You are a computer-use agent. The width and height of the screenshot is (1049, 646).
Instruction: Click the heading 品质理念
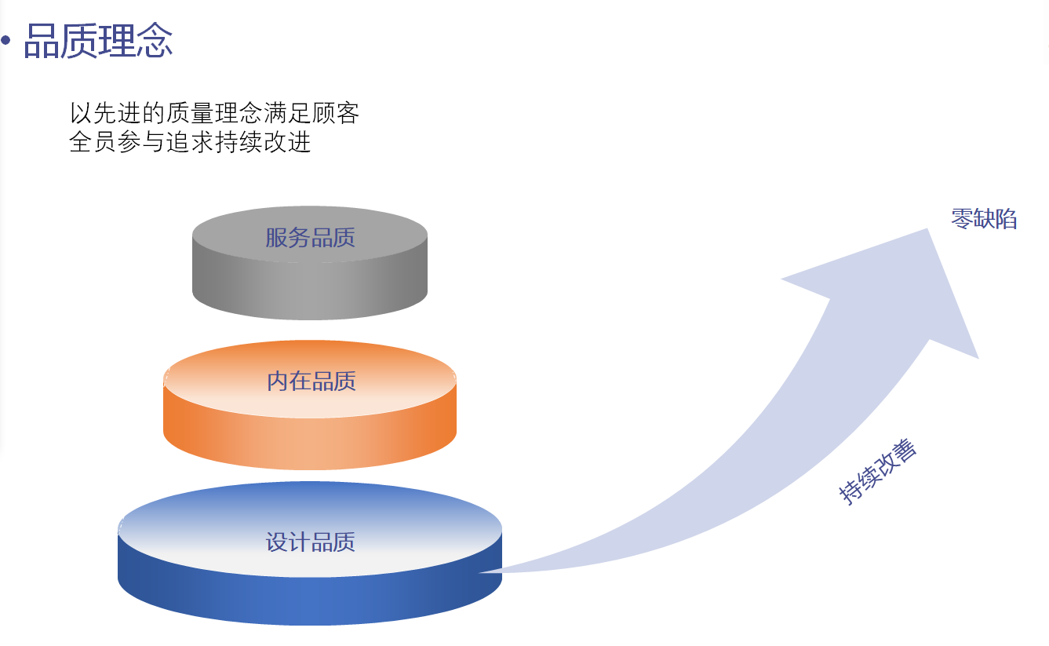98,41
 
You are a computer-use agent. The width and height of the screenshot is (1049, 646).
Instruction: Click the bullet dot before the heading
6,41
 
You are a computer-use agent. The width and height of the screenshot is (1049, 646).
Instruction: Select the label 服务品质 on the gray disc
310,237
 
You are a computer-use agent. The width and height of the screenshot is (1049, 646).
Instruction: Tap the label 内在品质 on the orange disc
311,381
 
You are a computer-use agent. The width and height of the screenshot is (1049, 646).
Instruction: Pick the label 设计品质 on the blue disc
310,542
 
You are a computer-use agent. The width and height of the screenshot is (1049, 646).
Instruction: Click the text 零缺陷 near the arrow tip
984,219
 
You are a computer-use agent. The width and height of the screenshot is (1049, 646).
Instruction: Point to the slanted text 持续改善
877,472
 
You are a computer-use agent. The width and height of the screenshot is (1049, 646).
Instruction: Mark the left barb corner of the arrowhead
783,279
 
